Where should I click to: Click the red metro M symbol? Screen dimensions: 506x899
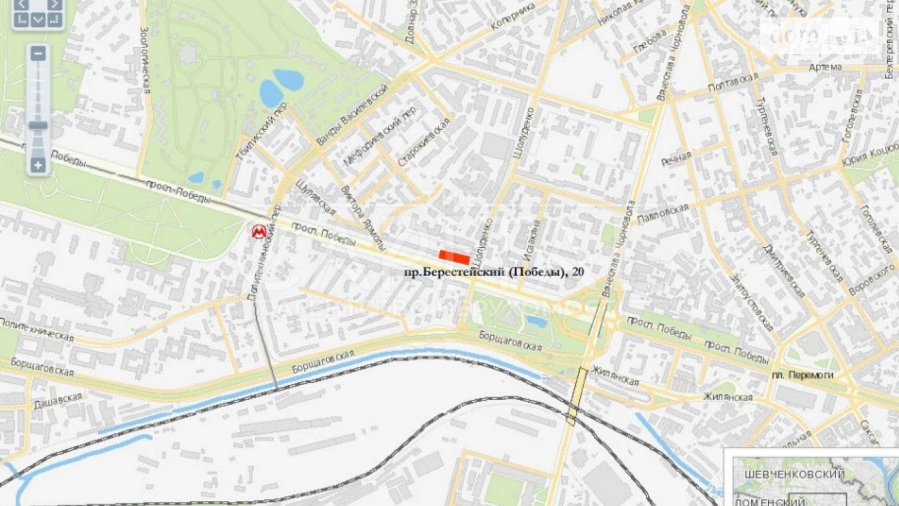259,232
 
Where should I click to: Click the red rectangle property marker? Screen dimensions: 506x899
454,257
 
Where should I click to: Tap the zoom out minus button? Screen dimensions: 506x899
38,53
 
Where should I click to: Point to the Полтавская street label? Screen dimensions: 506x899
732,83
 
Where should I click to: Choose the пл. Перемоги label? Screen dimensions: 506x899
802,375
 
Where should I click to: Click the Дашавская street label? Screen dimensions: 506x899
58,400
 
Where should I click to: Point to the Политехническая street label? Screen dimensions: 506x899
37,330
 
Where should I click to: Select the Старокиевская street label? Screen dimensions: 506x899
423,143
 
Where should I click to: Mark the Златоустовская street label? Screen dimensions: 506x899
751,303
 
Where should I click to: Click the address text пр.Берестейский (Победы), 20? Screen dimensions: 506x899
494,272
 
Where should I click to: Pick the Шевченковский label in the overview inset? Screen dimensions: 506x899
794,474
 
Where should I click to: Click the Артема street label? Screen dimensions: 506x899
825,67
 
